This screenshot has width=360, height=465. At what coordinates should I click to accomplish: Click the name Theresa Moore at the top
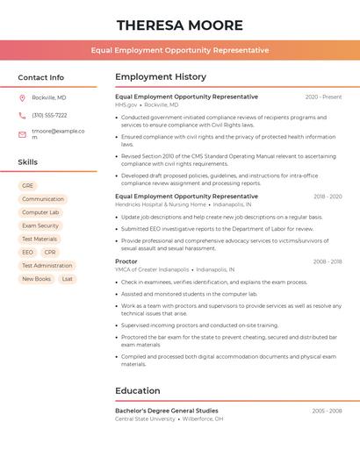click(179, 25)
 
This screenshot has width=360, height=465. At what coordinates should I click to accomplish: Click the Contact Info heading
click(40, 77)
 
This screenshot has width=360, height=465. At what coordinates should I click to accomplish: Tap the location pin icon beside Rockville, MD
click(22, 97)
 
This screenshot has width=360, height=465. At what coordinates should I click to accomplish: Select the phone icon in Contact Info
click(22, 115)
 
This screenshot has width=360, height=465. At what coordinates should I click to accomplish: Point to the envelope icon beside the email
click(22, 134)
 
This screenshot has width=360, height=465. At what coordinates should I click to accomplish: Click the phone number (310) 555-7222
click(49, 115)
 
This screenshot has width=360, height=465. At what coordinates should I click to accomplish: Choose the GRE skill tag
click(27, 186)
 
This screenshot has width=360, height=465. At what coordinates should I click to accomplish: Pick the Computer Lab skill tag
click(40, 212)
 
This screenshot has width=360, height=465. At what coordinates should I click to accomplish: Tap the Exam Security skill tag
click(40, 225)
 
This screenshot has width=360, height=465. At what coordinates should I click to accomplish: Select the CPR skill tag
click(50, 252)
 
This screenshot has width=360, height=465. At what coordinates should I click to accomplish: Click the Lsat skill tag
click(68, 279)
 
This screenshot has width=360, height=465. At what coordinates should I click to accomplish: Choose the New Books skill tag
click(36, 279)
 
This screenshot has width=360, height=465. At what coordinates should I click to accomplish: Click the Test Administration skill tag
click(47, 266)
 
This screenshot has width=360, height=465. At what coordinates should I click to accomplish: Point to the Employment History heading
click(161, 77)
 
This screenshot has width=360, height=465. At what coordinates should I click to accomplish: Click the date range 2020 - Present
click(323, 97)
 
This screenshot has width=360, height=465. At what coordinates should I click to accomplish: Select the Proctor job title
click(126, 261)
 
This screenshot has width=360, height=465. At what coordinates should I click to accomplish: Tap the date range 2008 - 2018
click(328, 261)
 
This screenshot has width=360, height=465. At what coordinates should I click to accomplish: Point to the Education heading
click(138, 391)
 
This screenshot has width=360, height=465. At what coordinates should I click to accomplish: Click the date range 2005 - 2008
click(327, 411)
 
